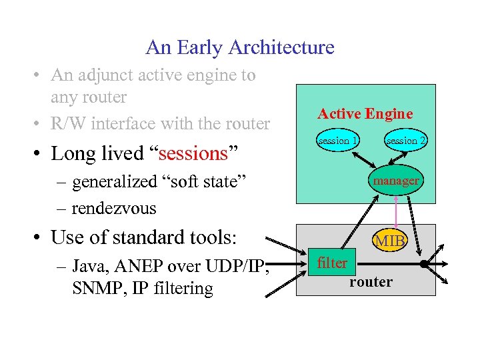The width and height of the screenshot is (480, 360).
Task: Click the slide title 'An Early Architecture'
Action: point(240,47)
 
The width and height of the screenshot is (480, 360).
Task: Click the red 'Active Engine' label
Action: point(365,114)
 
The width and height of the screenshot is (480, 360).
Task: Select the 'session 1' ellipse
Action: point(338,141)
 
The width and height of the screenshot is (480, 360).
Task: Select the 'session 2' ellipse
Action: point(406,141)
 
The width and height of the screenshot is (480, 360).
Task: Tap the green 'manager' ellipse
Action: point(395,181)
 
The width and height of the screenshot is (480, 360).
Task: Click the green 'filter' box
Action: point(332,263)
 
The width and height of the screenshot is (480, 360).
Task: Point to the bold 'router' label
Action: point(371,282)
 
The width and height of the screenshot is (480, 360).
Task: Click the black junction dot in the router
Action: point(424,264)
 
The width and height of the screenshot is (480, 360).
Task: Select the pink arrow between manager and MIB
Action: point(397,210)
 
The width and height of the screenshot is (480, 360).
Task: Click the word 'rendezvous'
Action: point(114,208)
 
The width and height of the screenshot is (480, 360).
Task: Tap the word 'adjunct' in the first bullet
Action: point(106,75)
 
